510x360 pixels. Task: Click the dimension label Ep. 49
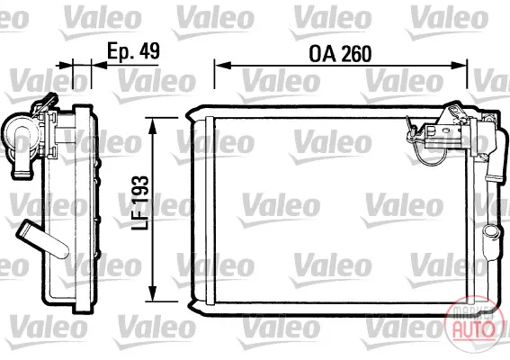pyautogui.click(x=133, y=51)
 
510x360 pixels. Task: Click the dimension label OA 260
pyautogui.click(x=340, y=54)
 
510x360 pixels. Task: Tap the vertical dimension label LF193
pyautogui.click(x=140, y=202)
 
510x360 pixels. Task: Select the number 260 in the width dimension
pyautogui.click(x=356, y=54)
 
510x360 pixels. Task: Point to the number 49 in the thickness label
pyautogui.click(x=150, y=50)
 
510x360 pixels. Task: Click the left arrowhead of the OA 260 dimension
pyautogui.click(x=223, y=65)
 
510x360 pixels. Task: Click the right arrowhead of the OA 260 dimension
pyautogui.click(x=459, y=65)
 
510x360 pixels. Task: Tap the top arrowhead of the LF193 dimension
pyautogui.click(x=152, y=126)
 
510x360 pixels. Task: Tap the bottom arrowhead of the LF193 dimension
pyautogui.click(x=152, y=293)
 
